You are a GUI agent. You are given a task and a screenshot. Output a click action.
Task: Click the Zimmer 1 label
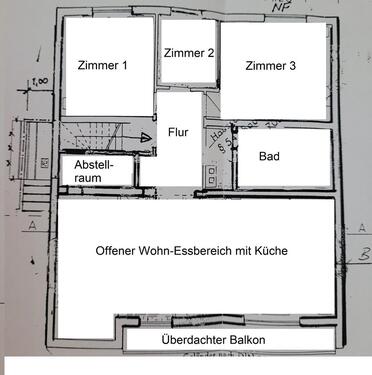tap(102, 66)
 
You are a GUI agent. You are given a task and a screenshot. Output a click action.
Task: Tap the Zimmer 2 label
tap(188, 53)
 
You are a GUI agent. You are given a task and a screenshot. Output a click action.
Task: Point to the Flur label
tap(178, 129)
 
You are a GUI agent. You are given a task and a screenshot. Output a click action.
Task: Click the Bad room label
tap(269, 157)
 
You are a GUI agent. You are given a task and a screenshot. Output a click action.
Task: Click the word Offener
tap(117, 250)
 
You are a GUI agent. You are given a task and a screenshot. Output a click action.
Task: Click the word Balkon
tap(245, 340)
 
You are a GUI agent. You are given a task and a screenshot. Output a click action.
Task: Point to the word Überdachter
tap(192, 340)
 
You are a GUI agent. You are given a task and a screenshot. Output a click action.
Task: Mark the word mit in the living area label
tap(240, 250)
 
